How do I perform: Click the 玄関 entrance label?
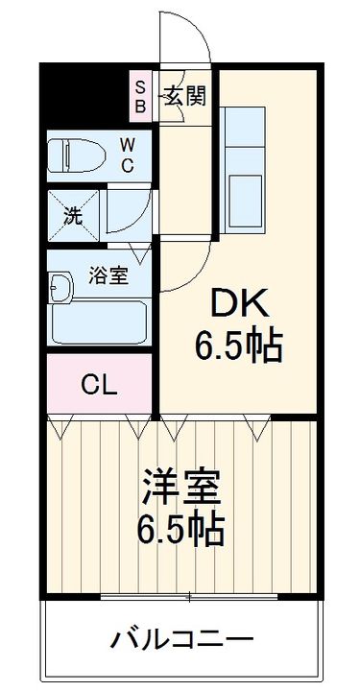pyautogui.click(x=183, y=96)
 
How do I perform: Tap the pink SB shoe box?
pyautogui.click(x=140, y=96)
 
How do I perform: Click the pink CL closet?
pyautogui.click(x=99, y=386)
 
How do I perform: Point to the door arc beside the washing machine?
pyautogui.click(x=130, y=209)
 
